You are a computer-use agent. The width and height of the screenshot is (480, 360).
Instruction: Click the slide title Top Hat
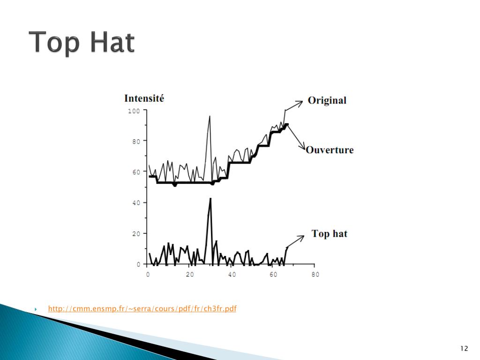[82, 43]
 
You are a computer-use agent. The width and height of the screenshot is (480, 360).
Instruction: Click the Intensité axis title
[144, 98]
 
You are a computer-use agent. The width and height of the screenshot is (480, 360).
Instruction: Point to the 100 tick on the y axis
[134, 111]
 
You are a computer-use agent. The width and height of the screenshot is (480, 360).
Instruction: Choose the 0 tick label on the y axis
[138, 264]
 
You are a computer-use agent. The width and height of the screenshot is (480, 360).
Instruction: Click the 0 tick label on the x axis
[148, 274]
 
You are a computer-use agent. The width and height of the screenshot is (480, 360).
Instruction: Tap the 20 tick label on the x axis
[189, 274]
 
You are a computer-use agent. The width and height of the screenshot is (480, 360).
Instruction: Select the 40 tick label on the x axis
[232, 274]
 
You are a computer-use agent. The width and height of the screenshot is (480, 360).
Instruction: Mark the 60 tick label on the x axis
[273, 274]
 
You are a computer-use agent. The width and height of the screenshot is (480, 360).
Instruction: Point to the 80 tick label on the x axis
[315, 274]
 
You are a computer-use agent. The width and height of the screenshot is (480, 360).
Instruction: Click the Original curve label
[327, 100]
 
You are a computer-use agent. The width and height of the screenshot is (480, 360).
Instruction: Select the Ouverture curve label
[330, 150]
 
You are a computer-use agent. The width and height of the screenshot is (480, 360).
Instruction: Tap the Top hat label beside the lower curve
[330, 233]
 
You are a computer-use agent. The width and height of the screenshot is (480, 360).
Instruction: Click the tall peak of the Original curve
[209, 117]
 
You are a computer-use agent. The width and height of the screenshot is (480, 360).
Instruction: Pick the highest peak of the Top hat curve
[210, 199]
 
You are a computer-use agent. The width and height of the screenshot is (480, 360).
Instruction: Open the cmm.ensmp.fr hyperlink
[142, 308]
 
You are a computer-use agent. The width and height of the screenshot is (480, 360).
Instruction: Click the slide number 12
[464, 348]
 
